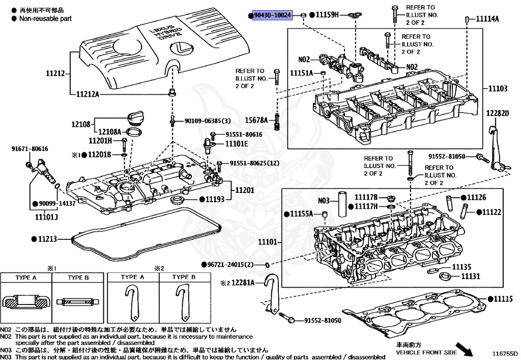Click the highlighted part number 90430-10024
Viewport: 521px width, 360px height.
tap(273, 16)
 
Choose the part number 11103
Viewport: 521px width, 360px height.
tap(498, 89)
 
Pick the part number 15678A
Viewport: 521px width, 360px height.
tap(257, 120)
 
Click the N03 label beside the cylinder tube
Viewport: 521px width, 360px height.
tap(325, 200)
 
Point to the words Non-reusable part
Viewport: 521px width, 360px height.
tap(45, 18)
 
